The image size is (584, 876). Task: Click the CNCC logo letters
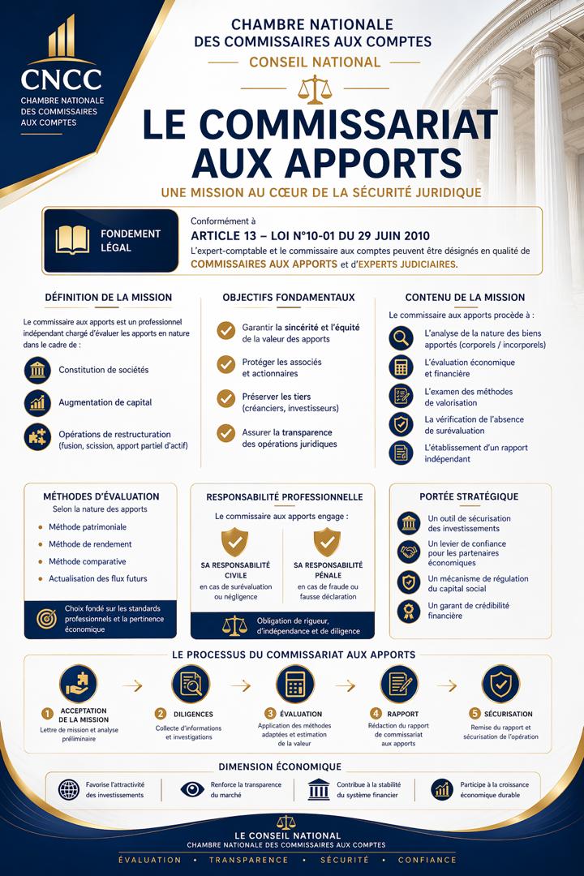pyautogui.click(x=62, y=79)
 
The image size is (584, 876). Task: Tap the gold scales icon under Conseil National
pyautogui.click(x=310, y=89)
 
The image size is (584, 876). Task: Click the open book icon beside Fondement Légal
pyautogui.click(x=72, y=239)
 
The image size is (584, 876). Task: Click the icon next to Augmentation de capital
pyautogui.click(x=37, y=402)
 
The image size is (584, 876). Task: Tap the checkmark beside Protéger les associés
pyautogui.click(x=226, y=365)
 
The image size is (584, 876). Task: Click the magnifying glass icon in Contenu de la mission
pyautogui.click(x=401, y=338)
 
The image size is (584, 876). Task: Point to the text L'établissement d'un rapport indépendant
pyautogui.click(x=465, y=453)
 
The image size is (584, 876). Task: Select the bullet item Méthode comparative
pyautogui.click(x=87, y=561)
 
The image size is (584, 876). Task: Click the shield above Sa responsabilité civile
pyautogui.click(x=235, y=541)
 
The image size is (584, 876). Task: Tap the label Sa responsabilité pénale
pyautogui.click(x=328, y=570)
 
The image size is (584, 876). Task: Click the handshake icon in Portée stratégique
pyautogui.click(x=409, y=552)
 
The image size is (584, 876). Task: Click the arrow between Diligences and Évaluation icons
pyautogui.click(x=241, y=685)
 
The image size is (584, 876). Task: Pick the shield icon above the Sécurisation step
pyautogui.click(x=500, y=684)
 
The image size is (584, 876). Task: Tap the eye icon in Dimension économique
pyautogui.click(x=192, y=789)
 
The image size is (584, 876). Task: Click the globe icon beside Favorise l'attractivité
pyautogui.click(x=69, y=789)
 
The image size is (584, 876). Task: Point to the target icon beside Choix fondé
pyautogui.click(x=46, y=618)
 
